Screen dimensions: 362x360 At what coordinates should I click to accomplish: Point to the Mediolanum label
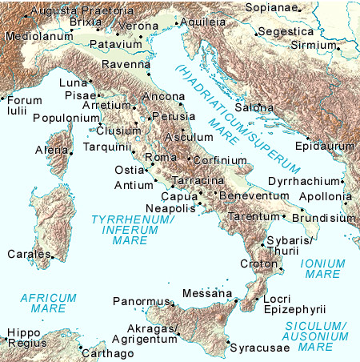[34, 36]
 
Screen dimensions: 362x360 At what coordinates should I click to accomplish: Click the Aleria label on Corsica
[52, 150]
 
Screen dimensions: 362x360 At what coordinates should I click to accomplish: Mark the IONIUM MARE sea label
[322, 268]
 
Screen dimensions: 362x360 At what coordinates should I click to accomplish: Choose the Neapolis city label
[170, 207]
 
